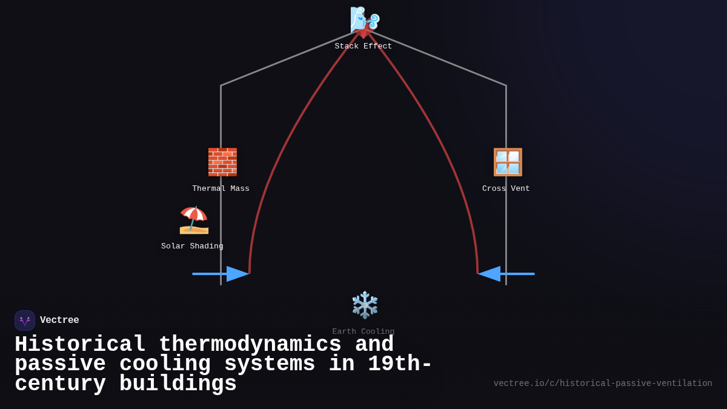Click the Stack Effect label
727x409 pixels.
pos(363,47)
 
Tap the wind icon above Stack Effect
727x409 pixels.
pos(364,19)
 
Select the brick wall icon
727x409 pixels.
pos(222,162)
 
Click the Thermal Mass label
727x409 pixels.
pos(221,189)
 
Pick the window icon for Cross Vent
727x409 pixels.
pos(507,162)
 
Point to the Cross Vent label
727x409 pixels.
pos(506,189)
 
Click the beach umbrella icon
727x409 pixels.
pos(194,220)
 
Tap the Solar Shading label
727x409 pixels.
pos(192,247)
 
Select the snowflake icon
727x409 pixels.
pos(365,305)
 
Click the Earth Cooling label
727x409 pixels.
pos(363,331)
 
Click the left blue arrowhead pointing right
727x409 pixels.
pos(237,274)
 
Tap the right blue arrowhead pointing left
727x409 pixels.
pos(490,274)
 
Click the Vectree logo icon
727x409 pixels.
pos(25,321)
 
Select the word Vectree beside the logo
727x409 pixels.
pos(59,321)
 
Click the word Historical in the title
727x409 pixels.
pos(80,345)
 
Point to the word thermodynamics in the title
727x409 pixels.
pos(250,345)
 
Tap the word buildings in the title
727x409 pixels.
pos(178,384)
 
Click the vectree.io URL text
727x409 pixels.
pos(603,384)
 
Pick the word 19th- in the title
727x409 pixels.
pos(400,364)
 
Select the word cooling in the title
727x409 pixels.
pos(165,364)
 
